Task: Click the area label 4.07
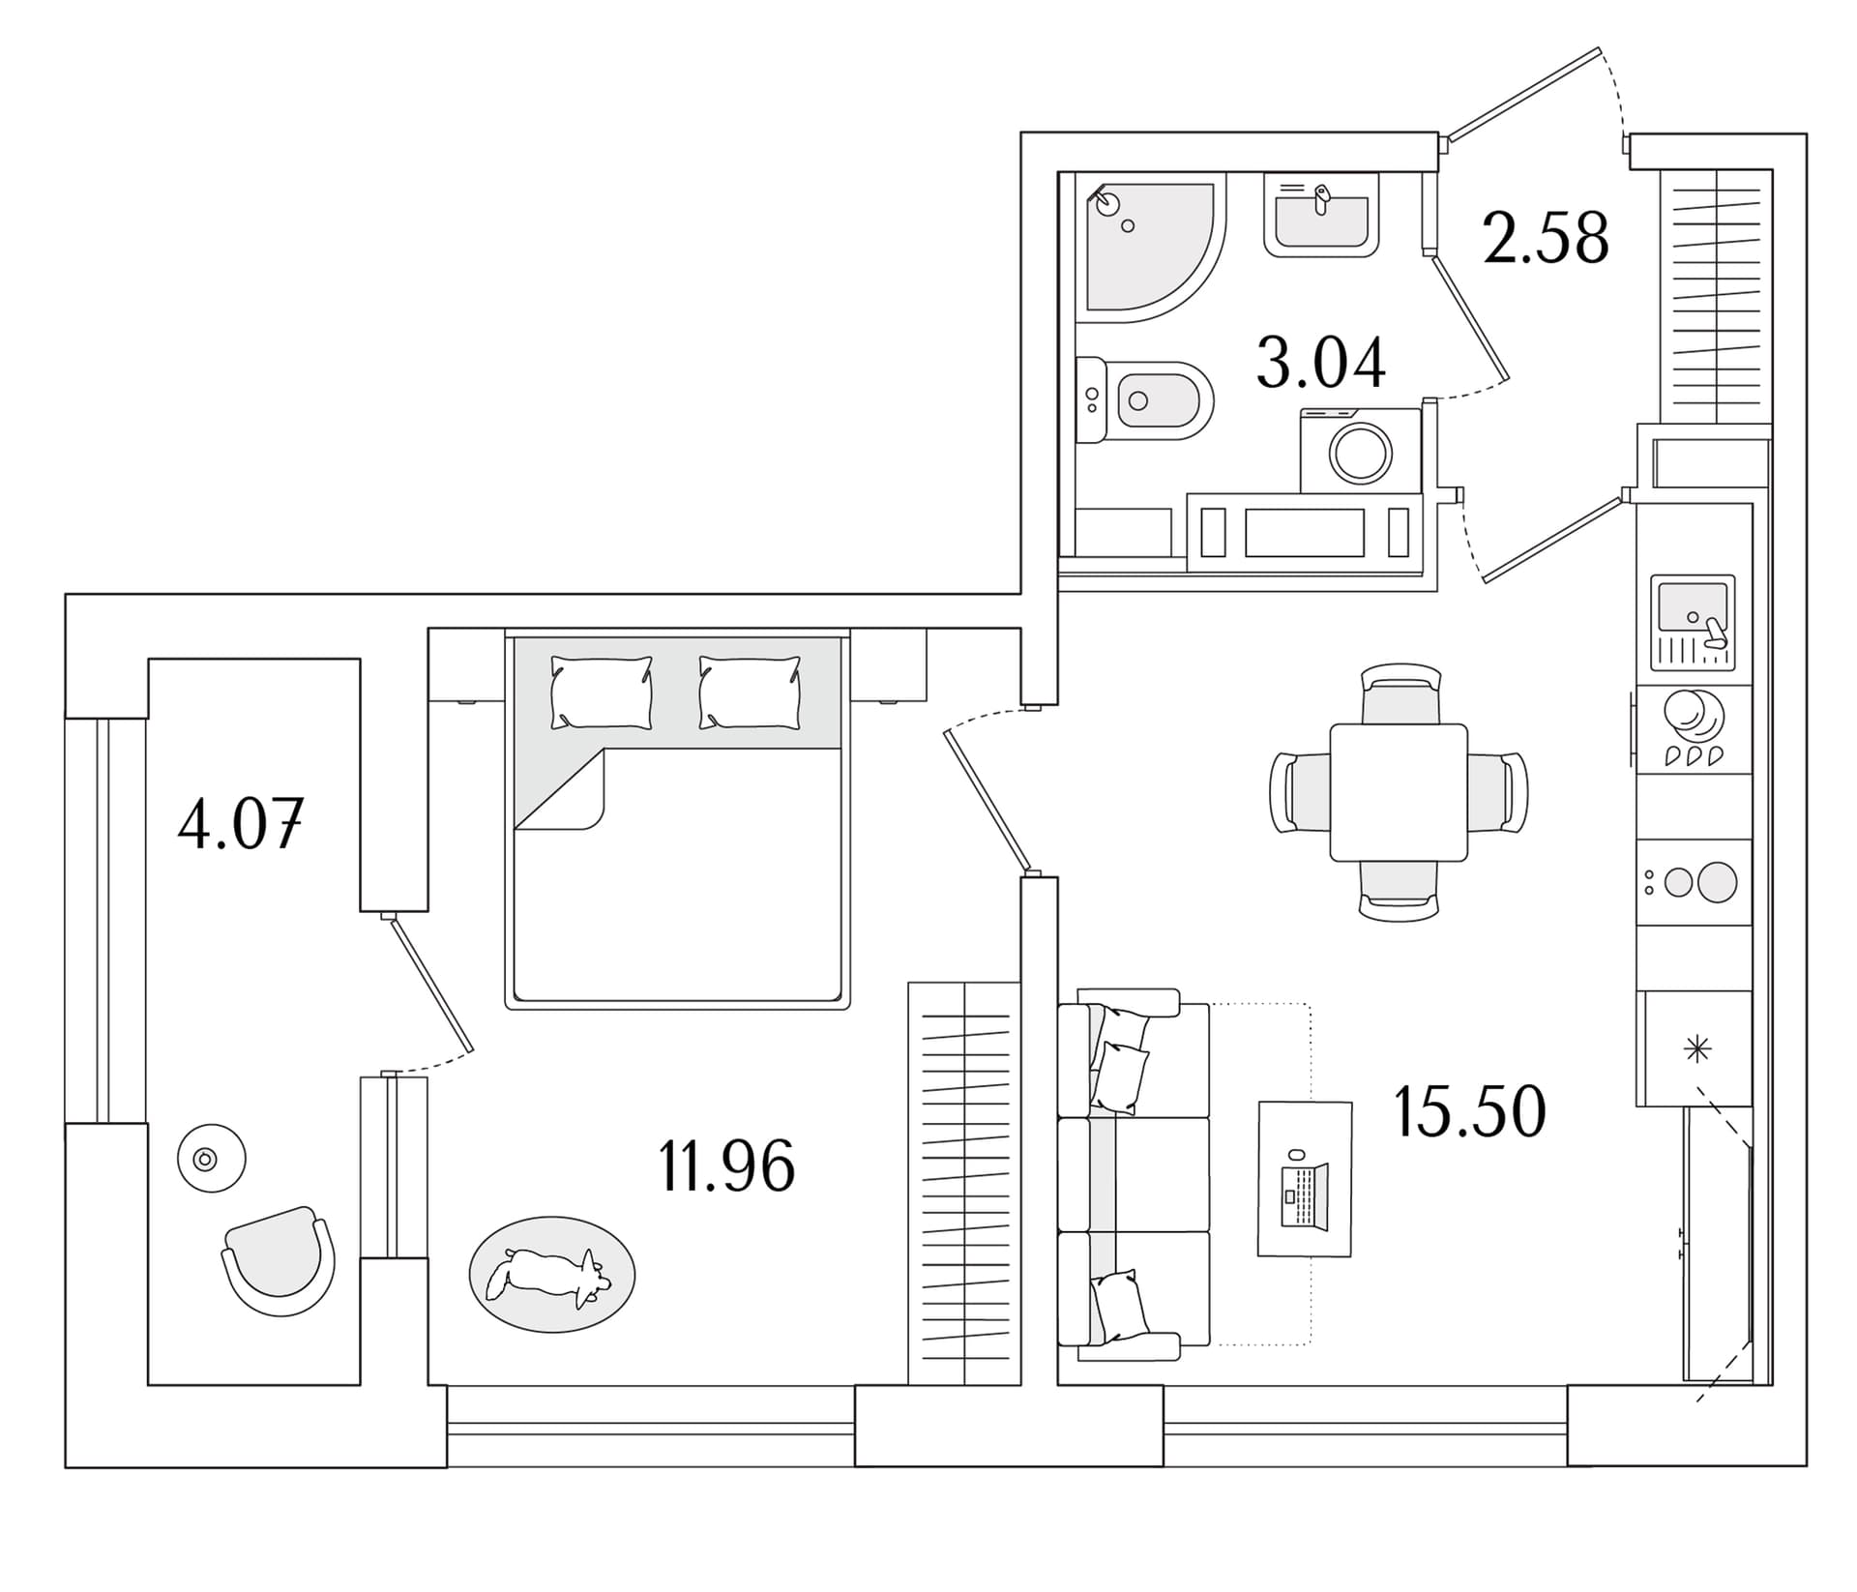pos(241,825)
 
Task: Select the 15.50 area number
pos(1469,1111)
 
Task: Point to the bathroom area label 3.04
pos(1320,363)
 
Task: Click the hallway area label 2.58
pos(1546,238)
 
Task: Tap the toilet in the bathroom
pos(1145,399)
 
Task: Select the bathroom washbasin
pos(1321,215)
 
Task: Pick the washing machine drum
pos(1361,453)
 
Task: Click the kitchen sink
pos(1693,623)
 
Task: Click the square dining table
pos(1399,792)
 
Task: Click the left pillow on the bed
pos(602,693)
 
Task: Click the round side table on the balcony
pos(212,1158)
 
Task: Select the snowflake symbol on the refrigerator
pos(1697,1049)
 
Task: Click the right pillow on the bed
pos(750,693)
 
